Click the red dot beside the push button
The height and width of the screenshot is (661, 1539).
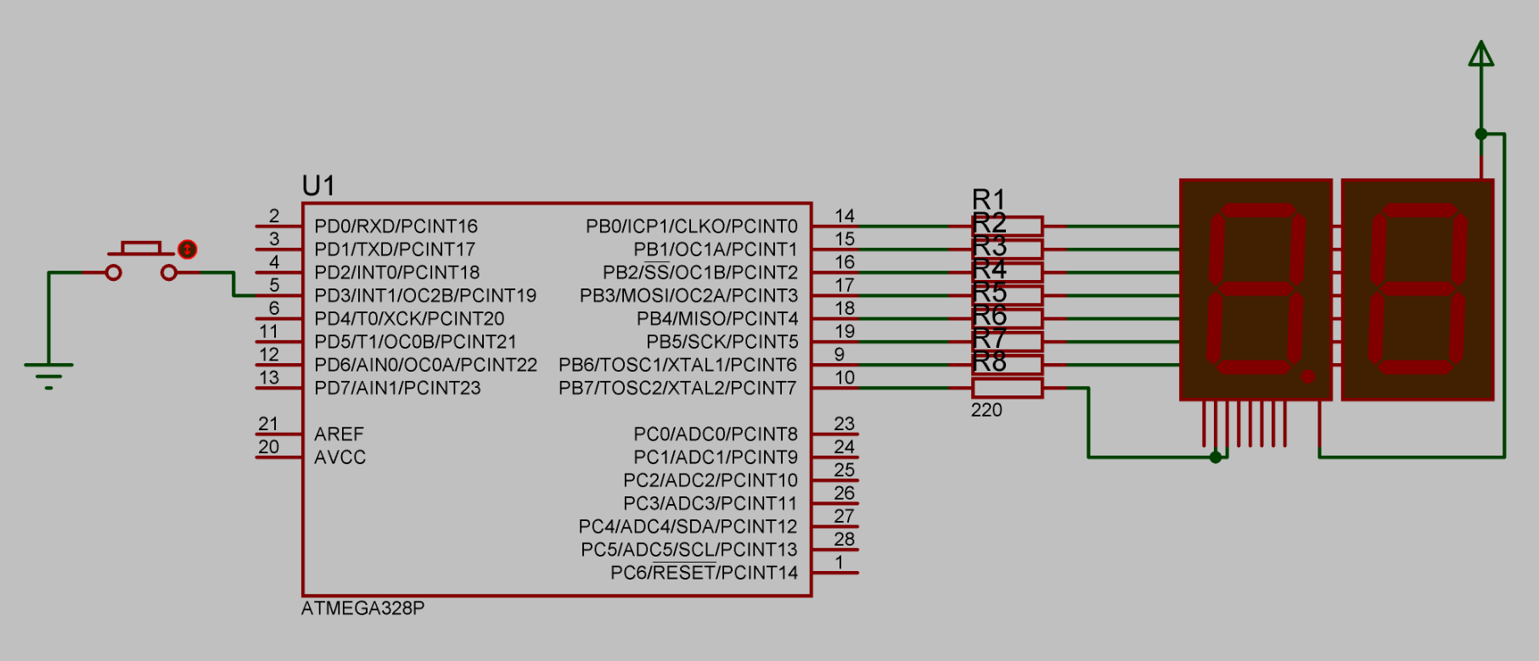pyautogui.click(x=188, y=249)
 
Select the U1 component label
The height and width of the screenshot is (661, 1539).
pyautogui.click(x=318, y=186)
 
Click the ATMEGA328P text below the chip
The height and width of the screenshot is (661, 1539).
pyautogui.click(x=362, y=608)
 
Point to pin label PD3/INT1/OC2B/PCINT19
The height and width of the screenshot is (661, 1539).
pyautogui.click(x=425, y=295)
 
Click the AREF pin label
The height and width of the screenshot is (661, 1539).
pyautogui.click(x=339, y=434)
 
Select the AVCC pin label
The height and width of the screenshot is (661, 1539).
pyautogui.click(x=340, y=457)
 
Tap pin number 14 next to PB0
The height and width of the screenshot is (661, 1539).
pyautogui.click(x=844, y=216)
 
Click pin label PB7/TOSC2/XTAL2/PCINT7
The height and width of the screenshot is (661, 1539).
pyautogui.click(x=677, y=388)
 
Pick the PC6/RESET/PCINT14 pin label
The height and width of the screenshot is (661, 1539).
pyautogui.click(x=704, y=573)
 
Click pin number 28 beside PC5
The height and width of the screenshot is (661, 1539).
pyautogui.click(x=844, y=539)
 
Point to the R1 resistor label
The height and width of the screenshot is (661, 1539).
pyautogui.click(x=988, y=199)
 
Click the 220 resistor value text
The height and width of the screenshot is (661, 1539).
pyautogui.click(x=986, y=410)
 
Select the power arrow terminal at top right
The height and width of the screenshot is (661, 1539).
pyautogui.click(x=1481, y=54)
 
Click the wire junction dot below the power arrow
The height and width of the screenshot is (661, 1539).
pyautogui.click(x=1481, y=134)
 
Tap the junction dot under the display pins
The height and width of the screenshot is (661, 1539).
pyautogui.click(x=1216, y=457)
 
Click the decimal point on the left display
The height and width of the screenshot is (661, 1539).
pyautogui.click(x=1308, y=376)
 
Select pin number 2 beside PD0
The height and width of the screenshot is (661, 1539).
pyautogui.click(x=274, y=216)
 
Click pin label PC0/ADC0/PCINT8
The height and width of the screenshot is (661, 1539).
pyautogui.click(x=715, y=434)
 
